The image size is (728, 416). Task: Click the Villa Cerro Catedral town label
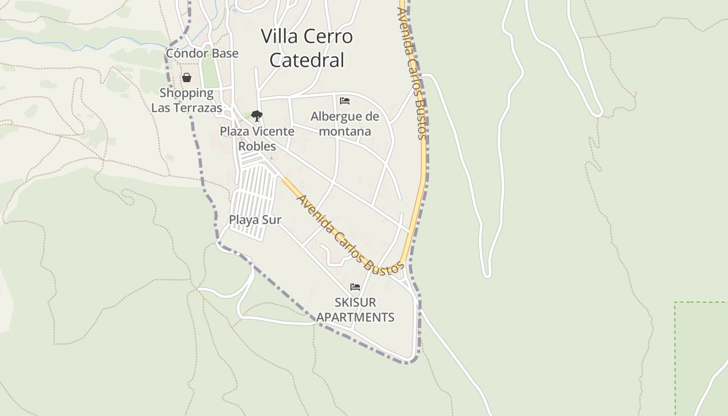(x=307, y=48)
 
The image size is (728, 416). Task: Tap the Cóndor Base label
(x=202, y=54)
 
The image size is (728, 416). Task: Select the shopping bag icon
(x=187, y=78)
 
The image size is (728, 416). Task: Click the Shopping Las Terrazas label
(x=187, y=100)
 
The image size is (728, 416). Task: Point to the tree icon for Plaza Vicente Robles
(x=256, y=115)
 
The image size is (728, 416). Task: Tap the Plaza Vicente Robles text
(x=257, y=138)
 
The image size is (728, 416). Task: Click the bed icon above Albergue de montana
(x=345, y=101)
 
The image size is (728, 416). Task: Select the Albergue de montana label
(x=345, y=124)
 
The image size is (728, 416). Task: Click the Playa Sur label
(x=255, y=220)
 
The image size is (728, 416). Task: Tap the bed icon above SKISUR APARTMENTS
(x=355, y=287)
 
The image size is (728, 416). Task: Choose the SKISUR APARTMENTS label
(x=356, y=310)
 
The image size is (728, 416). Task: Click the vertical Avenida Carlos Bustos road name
(x=413, y=73)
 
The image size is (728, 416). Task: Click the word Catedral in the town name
(x=307, y=60)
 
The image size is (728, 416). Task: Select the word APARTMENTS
(x=356, y=317)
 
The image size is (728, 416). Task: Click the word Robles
(x=257, y=146)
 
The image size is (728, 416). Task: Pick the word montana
(x=345, y=132)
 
